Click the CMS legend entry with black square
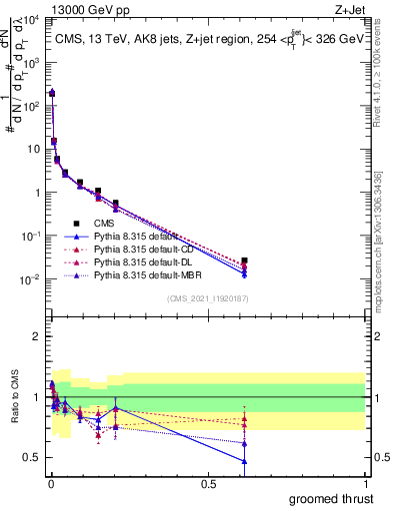(x=105, y=224)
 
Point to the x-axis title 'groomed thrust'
(x=331, y=498)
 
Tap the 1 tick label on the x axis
(x=366, y=483)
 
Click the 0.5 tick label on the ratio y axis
(x=32, y=457)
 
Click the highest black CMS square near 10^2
(x=52, y=93)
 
